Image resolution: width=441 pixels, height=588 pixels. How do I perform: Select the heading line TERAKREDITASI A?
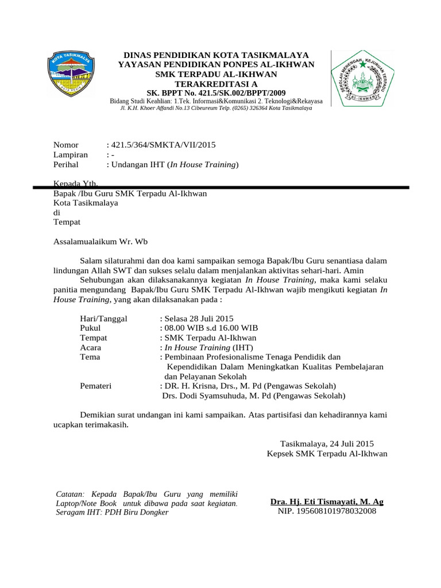point(216,83)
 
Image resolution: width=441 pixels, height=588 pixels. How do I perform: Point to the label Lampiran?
point(71,154)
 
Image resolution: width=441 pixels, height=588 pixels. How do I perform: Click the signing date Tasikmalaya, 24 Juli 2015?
point(327,443)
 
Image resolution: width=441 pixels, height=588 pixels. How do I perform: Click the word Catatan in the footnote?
point(69,494)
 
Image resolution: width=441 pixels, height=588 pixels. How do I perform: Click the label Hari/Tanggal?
point(104,318)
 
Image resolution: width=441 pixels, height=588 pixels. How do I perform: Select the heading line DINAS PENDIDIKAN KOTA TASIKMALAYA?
point(216,55)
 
